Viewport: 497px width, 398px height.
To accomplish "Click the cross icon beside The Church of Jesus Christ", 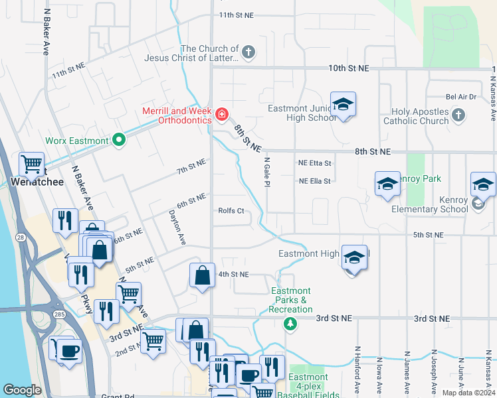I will click(248, 52).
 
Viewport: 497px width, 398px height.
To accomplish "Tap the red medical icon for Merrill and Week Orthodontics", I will click(222, 115).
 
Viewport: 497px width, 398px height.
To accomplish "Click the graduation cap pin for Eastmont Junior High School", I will click(343, 105).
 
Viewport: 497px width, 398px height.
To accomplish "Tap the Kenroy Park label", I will click(422, 179).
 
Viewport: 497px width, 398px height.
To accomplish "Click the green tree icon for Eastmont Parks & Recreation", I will click(290, 324).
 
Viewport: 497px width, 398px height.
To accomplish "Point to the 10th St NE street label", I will click(349, 68).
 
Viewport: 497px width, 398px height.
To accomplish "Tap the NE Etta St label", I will click(315, 163).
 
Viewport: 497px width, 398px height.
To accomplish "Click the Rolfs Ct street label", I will click(231, 211).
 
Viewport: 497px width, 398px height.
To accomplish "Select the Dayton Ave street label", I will click(176, 228).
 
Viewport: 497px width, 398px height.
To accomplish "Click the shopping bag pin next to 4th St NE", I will click(202, 276).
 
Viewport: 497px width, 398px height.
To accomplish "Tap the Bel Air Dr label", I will click(461, 97).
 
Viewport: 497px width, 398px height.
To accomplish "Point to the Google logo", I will click(23, 390).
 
